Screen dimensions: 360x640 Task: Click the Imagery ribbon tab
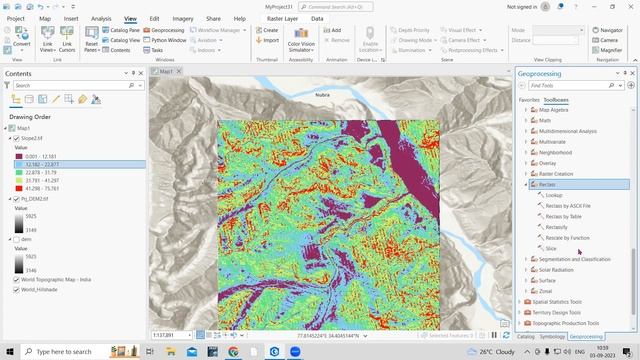coord(183,18)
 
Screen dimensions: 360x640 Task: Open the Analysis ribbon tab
coord(101,18)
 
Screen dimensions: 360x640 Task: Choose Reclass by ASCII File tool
coord(567,205)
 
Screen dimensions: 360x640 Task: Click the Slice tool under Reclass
coord(551,248)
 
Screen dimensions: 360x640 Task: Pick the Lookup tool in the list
coord(553,195)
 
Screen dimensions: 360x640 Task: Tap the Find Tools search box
coord(575,87)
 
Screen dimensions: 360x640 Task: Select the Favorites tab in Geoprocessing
coord(529,100)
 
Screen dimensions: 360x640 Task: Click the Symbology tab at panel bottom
coord(552,336)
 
